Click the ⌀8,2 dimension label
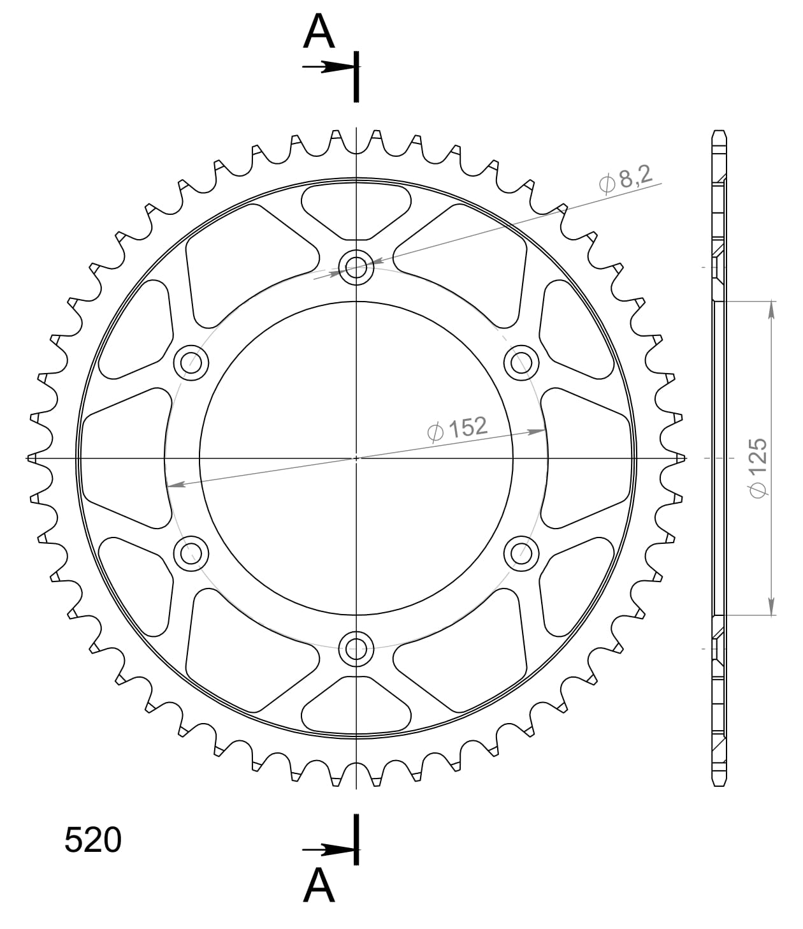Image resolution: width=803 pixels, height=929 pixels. pos(626,179)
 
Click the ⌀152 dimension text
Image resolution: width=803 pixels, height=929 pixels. pos(457,428)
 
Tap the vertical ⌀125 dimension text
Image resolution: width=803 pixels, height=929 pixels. pos(758,467)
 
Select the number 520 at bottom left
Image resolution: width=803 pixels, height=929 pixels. pos(92,840)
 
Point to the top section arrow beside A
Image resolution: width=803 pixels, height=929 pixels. pos(328,67)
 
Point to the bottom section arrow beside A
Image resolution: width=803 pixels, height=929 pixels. pos(328,850)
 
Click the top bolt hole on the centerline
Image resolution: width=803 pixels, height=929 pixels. pos(356,267)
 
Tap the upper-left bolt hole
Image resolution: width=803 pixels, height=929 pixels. pos(191,363)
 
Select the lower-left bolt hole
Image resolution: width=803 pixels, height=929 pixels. pos(191,552)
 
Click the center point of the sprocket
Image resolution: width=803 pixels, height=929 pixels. pos(356,458)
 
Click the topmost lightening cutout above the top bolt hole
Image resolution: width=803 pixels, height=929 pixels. pos(356,207)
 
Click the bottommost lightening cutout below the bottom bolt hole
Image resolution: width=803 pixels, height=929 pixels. pos(356,708)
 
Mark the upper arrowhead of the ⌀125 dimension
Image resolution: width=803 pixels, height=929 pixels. pos(772,308)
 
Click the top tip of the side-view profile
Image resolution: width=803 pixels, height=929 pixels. pos(718,131)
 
